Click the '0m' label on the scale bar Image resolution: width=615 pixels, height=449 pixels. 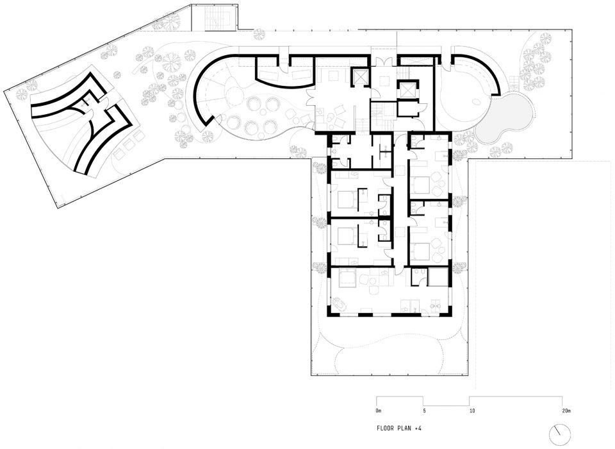[379, 411]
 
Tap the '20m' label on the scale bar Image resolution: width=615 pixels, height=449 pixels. [566, 411]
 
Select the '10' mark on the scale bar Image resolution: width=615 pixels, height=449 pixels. [472, 411]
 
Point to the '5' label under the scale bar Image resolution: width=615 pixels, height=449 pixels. [424, 411]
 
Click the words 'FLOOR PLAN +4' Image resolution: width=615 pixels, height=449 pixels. [399, 428]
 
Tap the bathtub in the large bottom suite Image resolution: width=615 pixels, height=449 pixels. [340, 305]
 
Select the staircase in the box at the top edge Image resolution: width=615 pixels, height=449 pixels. [214, 19]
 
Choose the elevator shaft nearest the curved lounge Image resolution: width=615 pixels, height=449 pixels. [359, 77]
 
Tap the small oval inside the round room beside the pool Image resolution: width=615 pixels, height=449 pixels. [477, 102]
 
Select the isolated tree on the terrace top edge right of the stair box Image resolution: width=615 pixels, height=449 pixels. [259, 35]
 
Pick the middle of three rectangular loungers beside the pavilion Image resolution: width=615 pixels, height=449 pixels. [128, 145]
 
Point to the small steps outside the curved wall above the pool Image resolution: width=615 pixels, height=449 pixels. [514, 83]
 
